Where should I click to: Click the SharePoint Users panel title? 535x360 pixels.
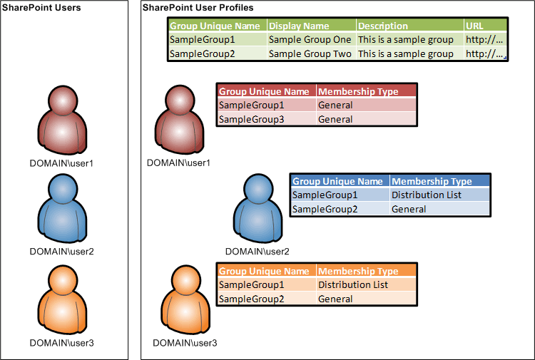[x=41, y=8]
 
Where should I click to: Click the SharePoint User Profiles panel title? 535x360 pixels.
[x=198, y=8]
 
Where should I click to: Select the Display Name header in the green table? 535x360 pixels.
[x=299, y=26]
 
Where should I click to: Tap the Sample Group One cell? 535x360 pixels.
[x=310, y=39]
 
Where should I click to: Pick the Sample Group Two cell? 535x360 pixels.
[x=310, y=54]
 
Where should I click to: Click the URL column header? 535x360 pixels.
[x=474, y=26]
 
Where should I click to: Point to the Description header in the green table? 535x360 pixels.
[x=383, y=26]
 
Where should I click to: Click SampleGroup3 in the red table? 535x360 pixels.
[x=252, y=119]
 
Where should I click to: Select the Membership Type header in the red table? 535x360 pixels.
[x=358, y=91]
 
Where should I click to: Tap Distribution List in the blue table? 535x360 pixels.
[x=427, y=195]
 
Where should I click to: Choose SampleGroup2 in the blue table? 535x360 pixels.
[x=325, y=209]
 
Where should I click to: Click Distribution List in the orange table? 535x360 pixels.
[x=353, y=284]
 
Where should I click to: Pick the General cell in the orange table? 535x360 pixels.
[x=335, y=299]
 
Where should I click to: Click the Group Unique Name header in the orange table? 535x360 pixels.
[x=264, y=271]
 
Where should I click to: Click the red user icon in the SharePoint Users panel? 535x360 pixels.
[x=62, y=120]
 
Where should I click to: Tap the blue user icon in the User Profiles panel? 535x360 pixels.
[x=258, y=208]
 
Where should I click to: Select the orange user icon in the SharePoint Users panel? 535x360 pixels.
[x=62, y=299]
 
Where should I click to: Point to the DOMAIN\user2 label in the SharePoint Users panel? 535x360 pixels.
[x=62, y=252]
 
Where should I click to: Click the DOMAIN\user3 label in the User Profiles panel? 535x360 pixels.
[x=185, y=343]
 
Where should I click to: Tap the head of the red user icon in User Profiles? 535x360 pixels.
[x=180, y=101]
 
